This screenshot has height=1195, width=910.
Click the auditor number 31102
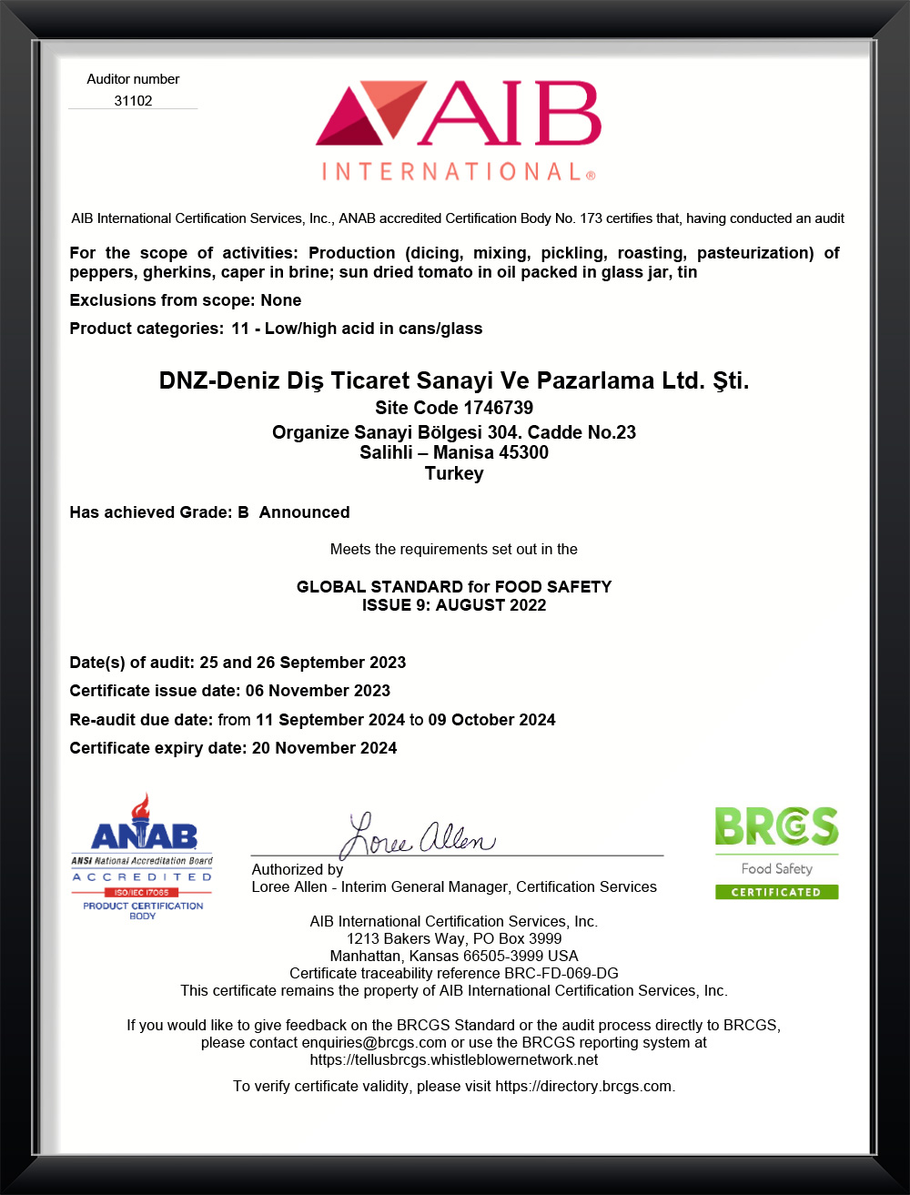tap(133, 101)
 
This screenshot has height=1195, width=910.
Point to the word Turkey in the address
tap(454, 473)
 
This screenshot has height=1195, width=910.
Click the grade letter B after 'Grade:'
tap(243, 512)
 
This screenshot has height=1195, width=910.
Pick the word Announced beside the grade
tap(304, 512)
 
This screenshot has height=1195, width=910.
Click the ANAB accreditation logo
tap(143, 856)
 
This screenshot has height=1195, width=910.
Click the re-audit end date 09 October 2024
tap(491, 720)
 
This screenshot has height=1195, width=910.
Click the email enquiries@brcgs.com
tap(374, 1042)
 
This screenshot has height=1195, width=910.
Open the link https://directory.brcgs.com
tap(583, 1086)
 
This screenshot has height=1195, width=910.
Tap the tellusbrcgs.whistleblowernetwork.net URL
tap(454, 1059)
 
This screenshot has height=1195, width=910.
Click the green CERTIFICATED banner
tap(776, 892)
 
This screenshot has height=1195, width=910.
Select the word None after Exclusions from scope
tap(280, 300)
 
